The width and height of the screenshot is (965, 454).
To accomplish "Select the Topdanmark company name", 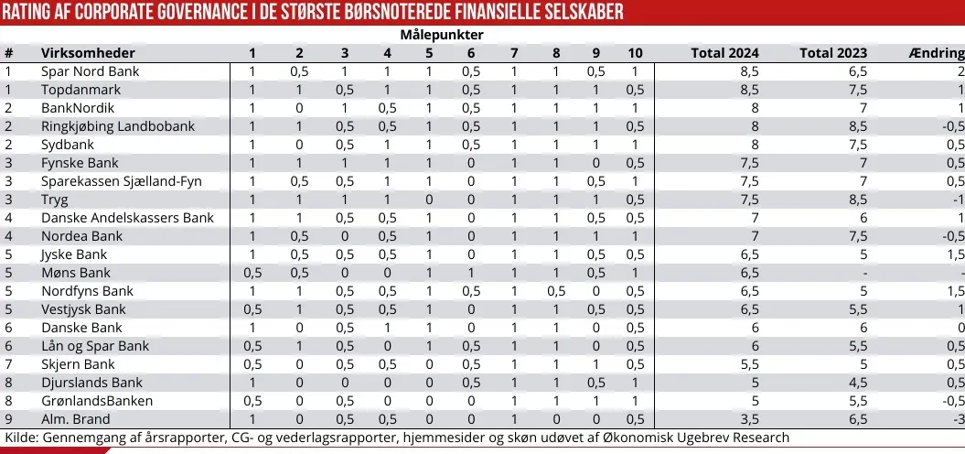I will pyautogui.click(x=80, y=90).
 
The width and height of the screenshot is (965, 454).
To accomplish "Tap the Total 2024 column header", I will pyautogui.click(x=725, y=52).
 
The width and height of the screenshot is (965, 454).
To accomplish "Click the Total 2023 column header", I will pyautogui.click(x=833, y=52).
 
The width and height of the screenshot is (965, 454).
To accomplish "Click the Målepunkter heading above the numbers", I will pyautogui.click(x=442, y=34).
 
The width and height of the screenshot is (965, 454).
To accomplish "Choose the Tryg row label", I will pyautogui.click(x=54, y=200).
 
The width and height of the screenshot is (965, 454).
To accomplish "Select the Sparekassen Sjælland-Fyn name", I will pyautogui.click(x=121, y=181).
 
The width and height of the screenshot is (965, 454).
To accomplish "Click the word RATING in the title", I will pyautogui.click(x=34, y=12).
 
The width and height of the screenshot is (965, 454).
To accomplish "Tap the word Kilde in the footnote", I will pyautogui.click(x=20, y=438).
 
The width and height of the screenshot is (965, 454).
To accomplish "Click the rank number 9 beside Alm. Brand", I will pyautogui.click(x=8, y=419).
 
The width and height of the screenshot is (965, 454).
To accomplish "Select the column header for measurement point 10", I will pyautogui.click(x=635, y=52).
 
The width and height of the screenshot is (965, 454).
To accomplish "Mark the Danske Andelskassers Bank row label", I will pyautogui.click(x=127, y=218).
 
